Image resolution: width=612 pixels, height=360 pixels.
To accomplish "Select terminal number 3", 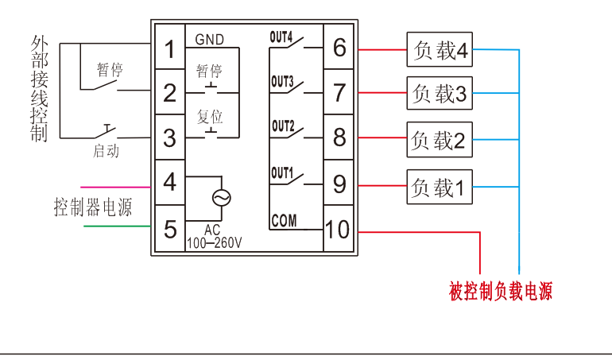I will point(169,137).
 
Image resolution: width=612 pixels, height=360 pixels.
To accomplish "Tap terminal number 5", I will point(169,230).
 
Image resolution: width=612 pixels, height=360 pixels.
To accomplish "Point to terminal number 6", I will point(339,48).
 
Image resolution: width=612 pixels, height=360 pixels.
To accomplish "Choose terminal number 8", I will point(339,137).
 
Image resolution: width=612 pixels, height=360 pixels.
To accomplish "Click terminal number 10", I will point(338,230).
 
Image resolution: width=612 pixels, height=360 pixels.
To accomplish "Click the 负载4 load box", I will point(439,51).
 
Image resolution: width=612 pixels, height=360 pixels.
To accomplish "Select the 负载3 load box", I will point(439,95).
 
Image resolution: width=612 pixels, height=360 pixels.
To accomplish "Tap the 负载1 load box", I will point(439,188).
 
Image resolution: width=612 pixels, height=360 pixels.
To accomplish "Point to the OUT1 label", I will point(281,172).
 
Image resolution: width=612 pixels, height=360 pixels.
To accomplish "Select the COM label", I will point(283,221).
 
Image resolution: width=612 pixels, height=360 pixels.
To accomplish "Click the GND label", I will point(209,39).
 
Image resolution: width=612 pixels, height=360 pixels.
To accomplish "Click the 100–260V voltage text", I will point(214,243).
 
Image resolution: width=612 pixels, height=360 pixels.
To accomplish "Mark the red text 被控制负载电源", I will point(500,292).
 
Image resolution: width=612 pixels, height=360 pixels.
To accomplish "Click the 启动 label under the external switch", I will point(106,151).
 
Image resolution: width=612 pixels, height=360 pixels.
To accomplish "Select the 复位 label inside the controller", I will point(210,116).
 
